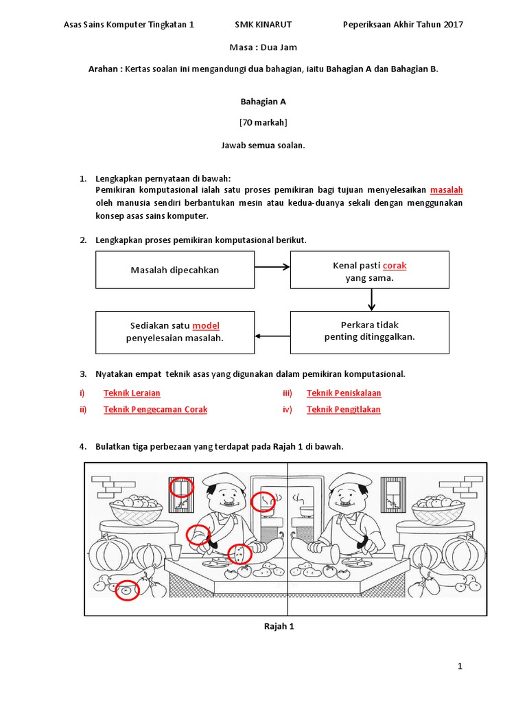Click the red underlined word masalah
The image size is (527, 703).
(x=446, y=189)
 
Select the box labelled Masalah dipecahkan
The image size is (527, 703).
(x=174, y=270)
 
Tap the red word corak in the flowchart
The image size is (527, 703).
(x=395, y=265)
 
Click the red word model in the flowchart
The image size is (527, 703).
(x=206, y=325)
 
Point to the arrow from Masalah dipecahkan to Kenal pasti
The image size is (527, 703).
(x=272, y=267)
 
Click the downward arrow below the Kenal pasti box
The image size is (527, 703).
(x=371, y=299)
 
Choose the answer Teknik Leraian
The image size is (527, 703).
(x=132, y=393)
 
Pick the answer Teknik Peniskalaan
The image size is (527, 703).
(x=343, y=393)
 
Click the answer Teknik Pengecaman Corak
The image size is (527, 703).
(x=155, y=410)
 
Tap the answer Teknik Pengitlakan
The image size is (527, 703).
(x=343, y=410)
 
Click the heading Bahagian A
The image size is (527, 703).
(x=263, y=102)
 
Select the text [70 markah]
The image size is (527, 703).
(x=263, y=124)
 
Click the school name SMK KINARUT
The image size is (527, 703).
(x=263, y=25)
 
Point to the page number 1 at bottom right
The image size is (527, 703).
(x=460, y=667)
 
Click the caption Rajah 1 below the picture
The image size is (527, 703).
(x=279, y=626)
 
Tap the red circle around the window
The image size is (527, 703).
(x=181, y=489)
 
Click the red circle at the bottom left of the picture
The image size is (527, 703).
(x=126, y=589)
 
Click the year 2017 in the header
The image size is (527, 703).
(x=454, y=25)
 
